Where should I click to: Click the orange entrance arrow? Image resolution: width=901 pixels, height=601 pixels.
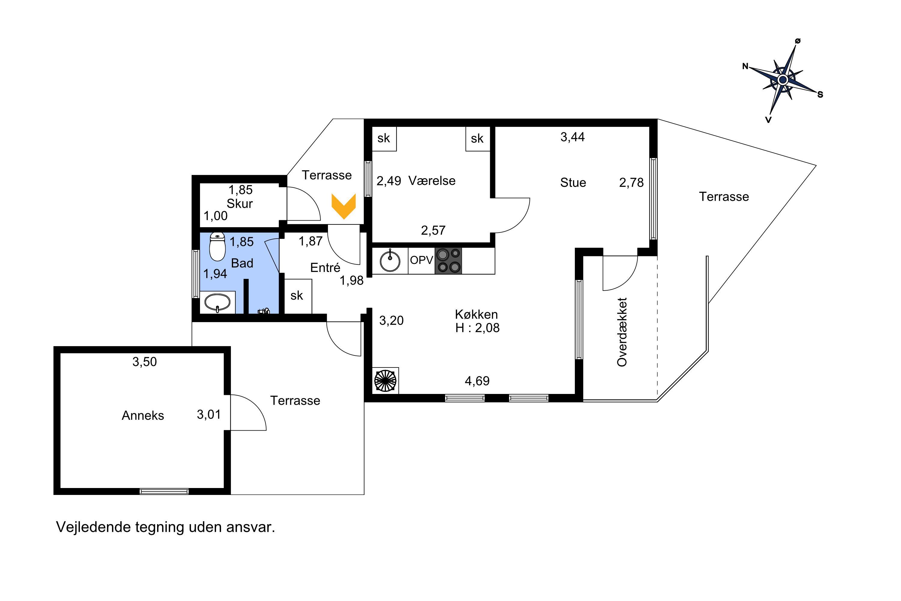pos(344,206)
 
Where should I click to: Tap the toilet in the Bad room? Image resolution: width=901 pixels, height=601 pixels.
pos(217,246)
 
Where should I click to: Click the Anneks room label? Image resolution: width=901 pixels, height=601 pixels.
pos(143,416)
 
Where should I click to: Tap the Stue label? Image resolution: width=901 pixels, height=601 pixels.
pos(573,182)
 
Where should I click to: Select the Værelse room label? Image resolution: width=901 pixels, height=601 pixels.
pos(432,181)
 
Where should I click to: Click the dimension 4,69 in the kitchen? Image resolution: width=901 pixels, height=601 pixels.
pos(477,381)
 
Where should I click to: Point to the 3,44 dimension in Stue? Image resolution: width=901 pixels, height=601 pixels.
pos(573,137)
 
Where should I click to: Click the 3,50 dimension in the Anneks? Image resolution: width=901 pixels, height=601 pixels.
pos(144,362)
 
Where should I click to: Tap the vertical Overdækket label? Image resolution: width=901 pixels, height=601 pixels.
pos(622,332)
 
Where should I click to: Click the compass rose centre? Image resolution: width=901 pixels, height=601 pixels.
pos(783,80)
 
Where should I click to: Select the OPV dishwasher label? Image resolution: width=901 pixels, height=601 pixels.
pos(421,260)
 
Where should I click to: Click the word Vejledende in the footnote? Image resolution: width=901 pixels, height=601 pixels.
pos(94,527)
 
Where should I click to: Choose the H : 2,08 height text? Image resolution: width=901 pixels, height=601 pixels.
pos(477,328)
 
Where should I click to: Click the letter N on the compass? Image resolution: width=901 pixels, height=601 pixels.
pos(745,66)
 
